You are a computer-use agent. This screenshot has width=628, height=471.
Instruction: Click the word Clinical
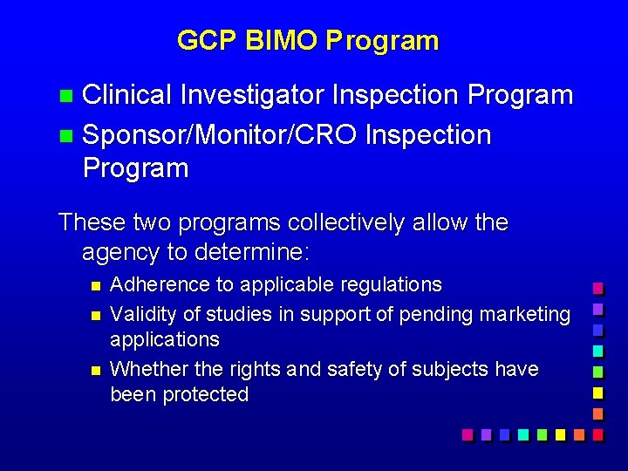click(127, 95)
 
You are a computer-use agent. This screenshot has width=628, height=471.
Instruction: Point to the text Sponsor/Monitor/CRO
click(220, 135)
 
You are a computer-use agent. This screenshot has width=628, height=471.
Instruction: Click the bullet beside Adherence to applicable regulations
click(95, 285)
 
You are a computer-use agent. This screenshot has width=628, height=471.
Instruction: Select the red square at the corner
click(597, 433)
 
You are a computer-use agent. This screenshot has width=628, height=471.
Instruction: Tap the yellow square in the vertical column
click(597, 392)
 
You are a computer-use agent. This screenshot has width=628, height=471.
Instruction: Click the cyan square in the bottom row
click(522, 433)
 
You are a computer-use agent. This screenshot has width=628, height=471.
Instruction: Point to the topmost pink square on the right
click(597, 288)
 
